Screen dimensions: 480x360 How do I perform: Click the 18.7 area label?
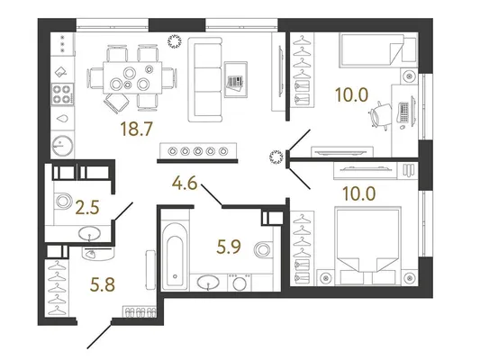[x=137, y=129]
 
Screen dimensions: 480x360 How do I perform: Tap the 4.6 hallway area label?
[x=185, y=184]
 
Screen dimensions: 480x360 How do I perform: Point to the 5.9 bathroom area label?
[x=229, y=247]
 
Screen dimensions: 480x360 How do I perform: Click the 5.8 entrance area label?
[x=103, y=284]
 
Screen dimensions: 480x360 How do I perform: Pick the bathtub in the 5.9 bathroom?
[x=175, y=256]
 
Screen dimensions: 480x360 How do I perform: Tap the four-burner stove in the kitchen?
[x=63, y=94]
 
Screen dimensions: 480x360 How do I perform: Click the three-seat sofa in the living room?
[x=204, y=79]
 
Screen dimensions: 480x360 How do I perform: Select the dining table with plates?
[x=132, y=77]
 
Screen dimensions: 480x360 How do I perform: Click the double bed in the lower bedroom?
[x=367, y=246]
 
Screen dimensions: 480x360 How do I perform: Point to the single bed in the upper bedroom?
[x=377, y=50]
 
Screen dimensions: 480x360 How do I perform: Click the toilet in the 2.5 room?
[x=63, y=201]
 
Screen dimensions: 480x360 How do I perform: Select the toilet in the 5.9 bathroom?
[x=263, y=249]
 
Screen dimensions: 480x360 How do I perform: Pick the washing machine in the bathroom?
[x=239, y=283]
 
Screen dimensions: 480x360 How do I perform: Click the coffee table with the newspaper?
[x=235, y=79]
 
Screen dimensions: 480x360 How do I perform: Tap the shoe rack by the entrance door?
[x=140, y=312]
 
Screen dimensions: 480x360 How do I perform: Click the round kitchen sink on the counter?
[x=63, y=145]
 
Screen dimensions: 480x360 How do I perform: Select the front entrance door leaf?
[x=99, y=335]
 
